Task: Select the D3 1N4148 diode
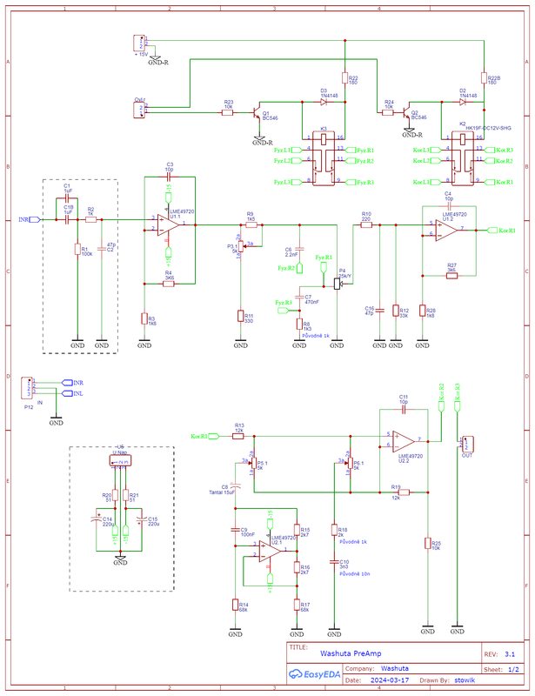tap(324, 102)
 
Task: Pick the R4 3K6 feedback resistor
tap(170, 284)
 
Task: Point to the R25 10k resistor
tap(426, 544)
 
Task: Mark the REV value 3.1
tap(509, 652)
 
